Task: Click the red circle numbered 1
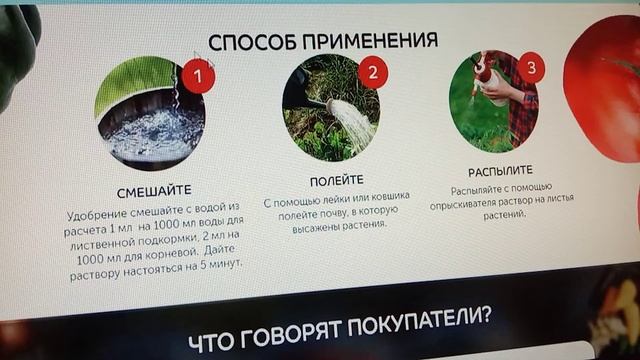click(x=199, y=75)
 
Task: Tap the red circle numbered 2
click(x=372, y=72)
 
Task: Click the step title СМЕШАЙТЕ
click(x=154, y=189)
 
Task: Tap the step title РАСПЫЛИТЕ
click(x=500, y=171)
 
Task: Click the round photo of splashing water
click(x=150, y=114)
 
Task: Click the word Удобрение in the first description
click(x=101, y=215)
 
